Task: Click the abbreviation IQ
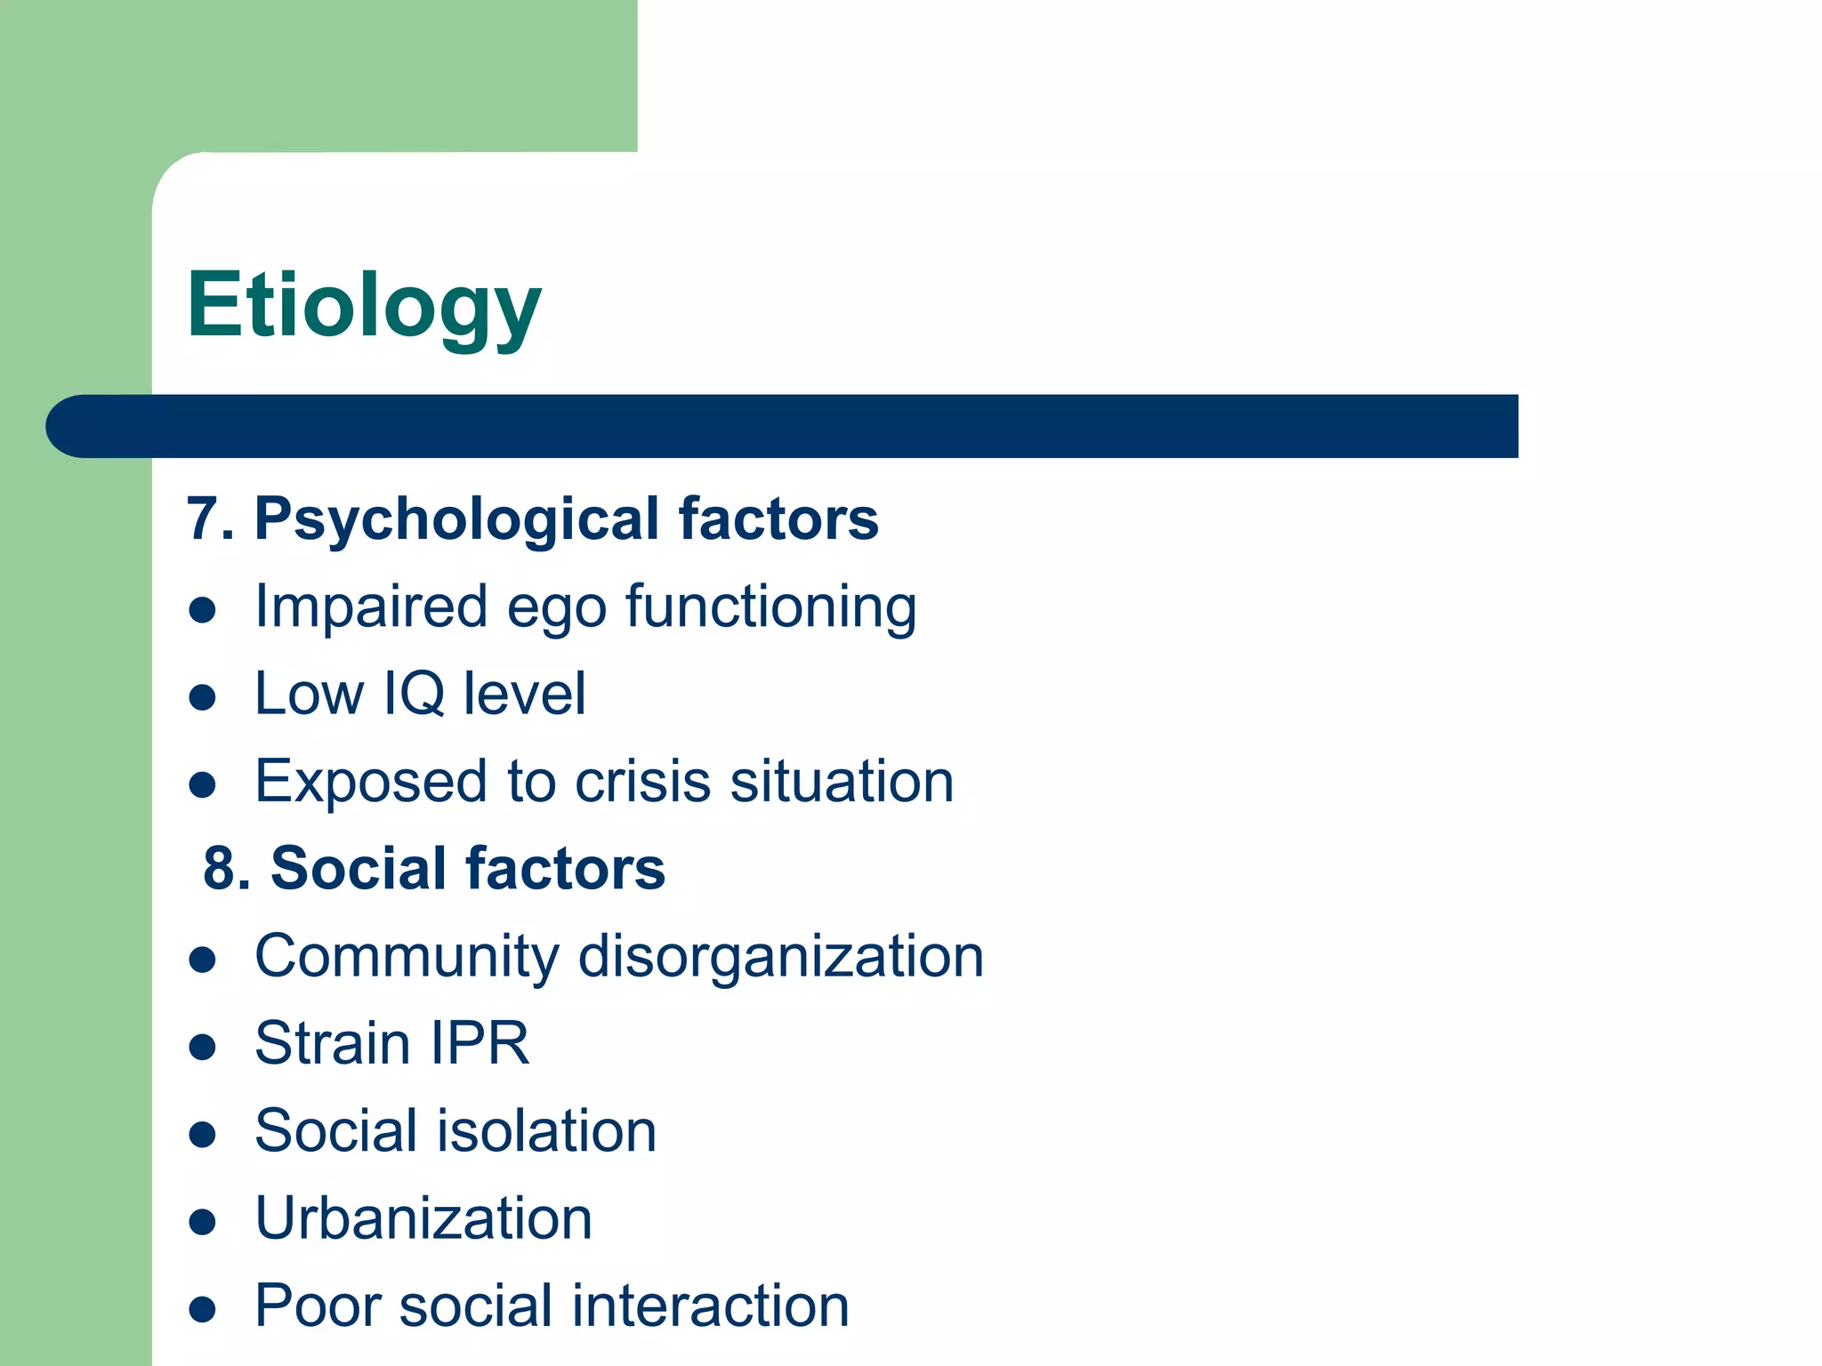(414, 694)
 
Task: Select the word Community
(407, 957)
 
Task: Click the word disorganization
(781, 957)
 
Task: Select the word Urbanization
(423, 1217)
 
